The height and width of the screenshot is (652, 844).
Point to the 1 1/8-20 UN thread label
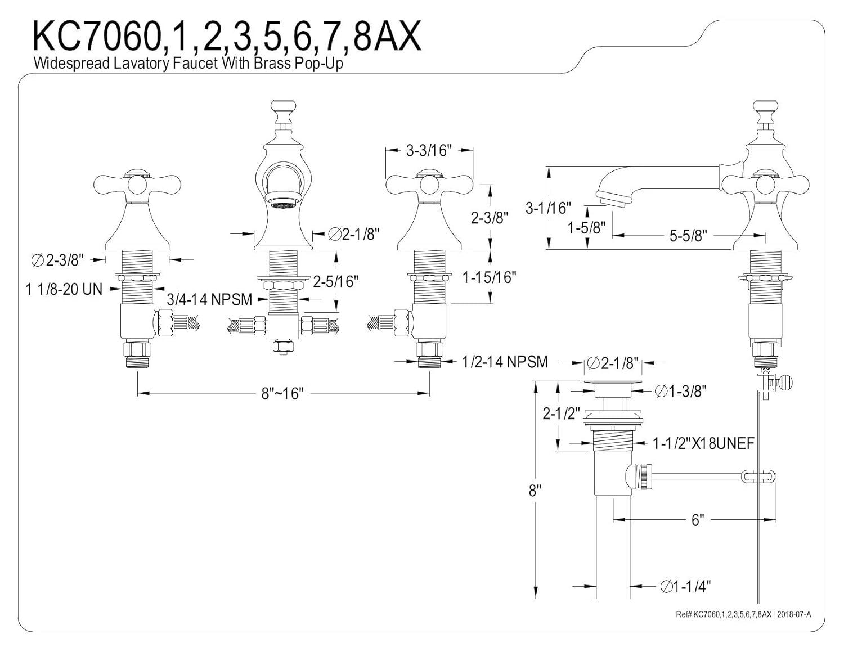[64, 289]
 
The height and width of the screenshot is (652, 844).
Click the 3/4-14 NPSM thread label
[209, 299]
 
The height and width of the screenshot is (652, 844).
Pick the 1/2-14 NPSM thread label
[504, 362]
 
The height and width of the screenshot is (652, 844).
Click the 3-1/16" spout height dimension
[547, 208]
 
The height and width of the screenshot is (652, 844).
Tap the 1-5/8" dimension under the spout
[586, 228]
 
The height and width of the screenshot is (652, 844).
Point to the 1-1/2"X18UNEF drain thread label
[703, 444]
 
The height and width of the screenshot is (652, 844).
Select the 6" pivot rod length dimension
[698, 520]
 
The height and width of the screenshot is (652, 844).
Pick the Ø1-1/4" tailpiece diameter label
[685, 587]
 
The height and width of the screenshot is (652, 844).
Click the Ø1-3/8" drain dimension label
[681, 390]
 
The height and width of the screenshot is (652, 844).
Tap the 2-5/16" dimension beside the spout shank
[336, 281]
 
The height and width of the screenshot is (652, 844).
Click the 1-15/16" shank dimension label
[489, 277]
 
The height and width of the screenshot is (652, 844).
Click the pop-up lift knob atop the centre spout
[282, 105]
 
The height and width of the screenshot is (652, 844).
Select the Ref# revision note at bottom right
[743, 614]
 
